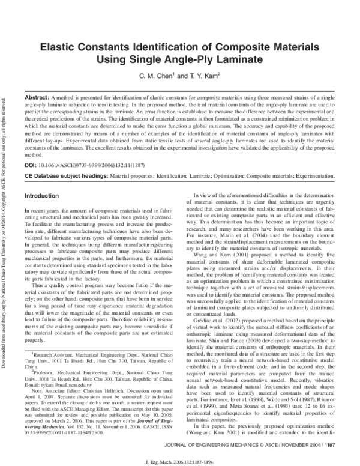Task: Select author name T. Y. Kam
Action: tap(202, 77)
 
